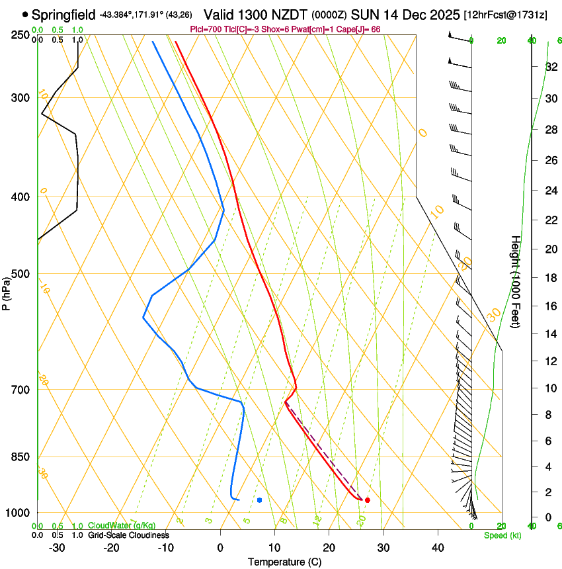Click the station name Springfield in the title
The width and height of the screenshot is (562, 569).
point(64,14)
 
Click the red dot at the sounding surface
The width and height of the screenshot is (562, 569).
point(367,500)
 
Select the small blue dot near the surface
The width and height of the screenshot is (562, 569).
point(260,500)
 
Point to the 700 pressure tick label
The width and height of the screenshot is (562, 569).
point(19,390)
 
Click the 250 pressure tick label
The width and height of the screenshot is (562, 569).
point(19,34)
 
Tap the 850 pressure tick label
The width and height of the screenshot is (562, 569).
point(19,457)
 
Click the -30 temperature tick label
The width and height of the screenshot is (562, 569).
point(57,548)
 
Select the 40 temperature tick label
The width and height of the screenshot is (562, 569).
point(438,548)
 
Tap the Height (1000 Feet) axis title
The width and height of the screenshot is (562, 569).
point(516,281)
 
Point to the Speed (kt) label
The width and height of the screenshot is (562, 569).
point(502,535)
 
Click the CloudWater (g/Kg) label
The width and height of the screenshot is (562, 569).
point(122,526)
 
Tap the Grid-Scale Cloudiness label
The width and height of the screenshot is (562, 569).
point(128,535)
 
